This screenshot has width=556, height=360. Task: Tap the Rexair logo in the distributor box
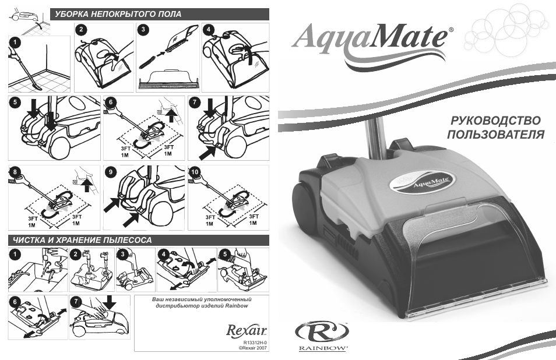pos(247,330)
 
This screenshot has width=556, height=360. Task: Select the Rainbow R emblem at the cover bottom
pos(322,332)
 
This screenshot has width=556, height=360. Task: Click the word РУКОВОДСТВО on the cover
pos(495,121)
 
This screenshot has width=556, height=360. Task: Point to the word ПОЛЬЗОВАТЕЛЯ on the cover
pos(495,135)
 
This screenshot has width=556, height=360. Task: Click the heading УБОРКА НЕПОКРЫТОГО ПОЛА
pos(118,15)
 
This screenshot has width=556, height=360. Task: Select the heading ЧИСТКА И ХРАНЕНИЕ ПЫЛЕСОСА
pos(82,240)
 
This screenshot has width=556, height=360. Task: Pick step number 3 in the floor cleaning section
pos(143,29)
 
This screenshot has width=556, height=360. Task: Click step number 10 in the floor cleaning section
pos(195,172)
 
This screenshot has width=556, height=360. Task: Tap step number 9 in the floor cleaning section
pos(111,172)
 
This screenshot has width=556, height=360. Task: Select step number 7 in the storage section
pos(76,302)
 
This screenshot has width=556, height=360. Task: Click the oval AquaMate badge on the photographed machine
pos(421,182)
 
